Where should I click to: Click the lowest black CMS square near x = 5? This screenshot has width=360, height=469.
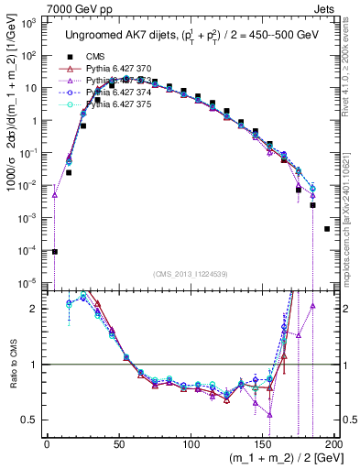click(x=55, y=251)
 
